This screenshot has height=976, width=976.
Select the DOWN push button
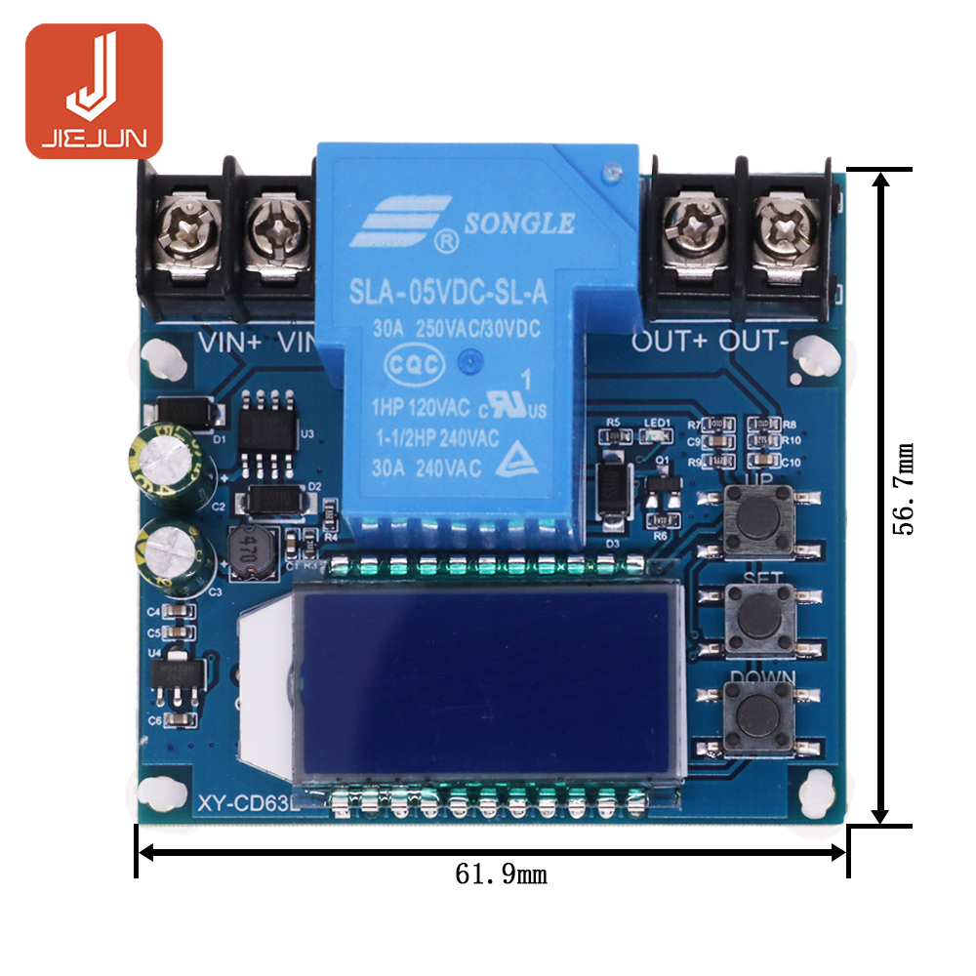[x=758, y=717]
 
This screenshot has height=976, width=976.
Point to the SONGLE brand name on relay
[x=518, y=224]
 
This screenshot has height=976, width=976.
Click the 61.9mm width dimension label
[x=501, y=874]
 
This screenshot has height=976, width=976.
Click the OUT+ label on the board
[x=671, y=342]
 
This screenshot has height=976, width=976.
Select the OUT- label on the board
[x=753, y=342]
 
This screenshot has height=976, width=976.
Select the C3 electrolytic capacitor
[x=177, y=554]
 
